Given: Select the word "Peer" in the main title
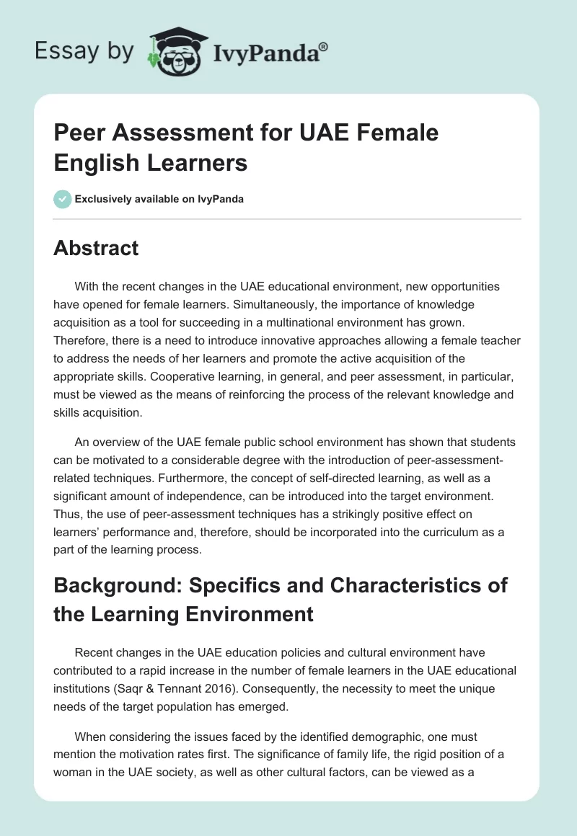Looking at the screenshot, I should click(x=77, y=133).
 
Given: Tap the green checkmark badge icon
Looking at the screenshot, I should click(x=63, y=199).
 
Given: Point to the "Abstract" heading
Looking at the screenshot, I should click(x=96, y=249).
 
